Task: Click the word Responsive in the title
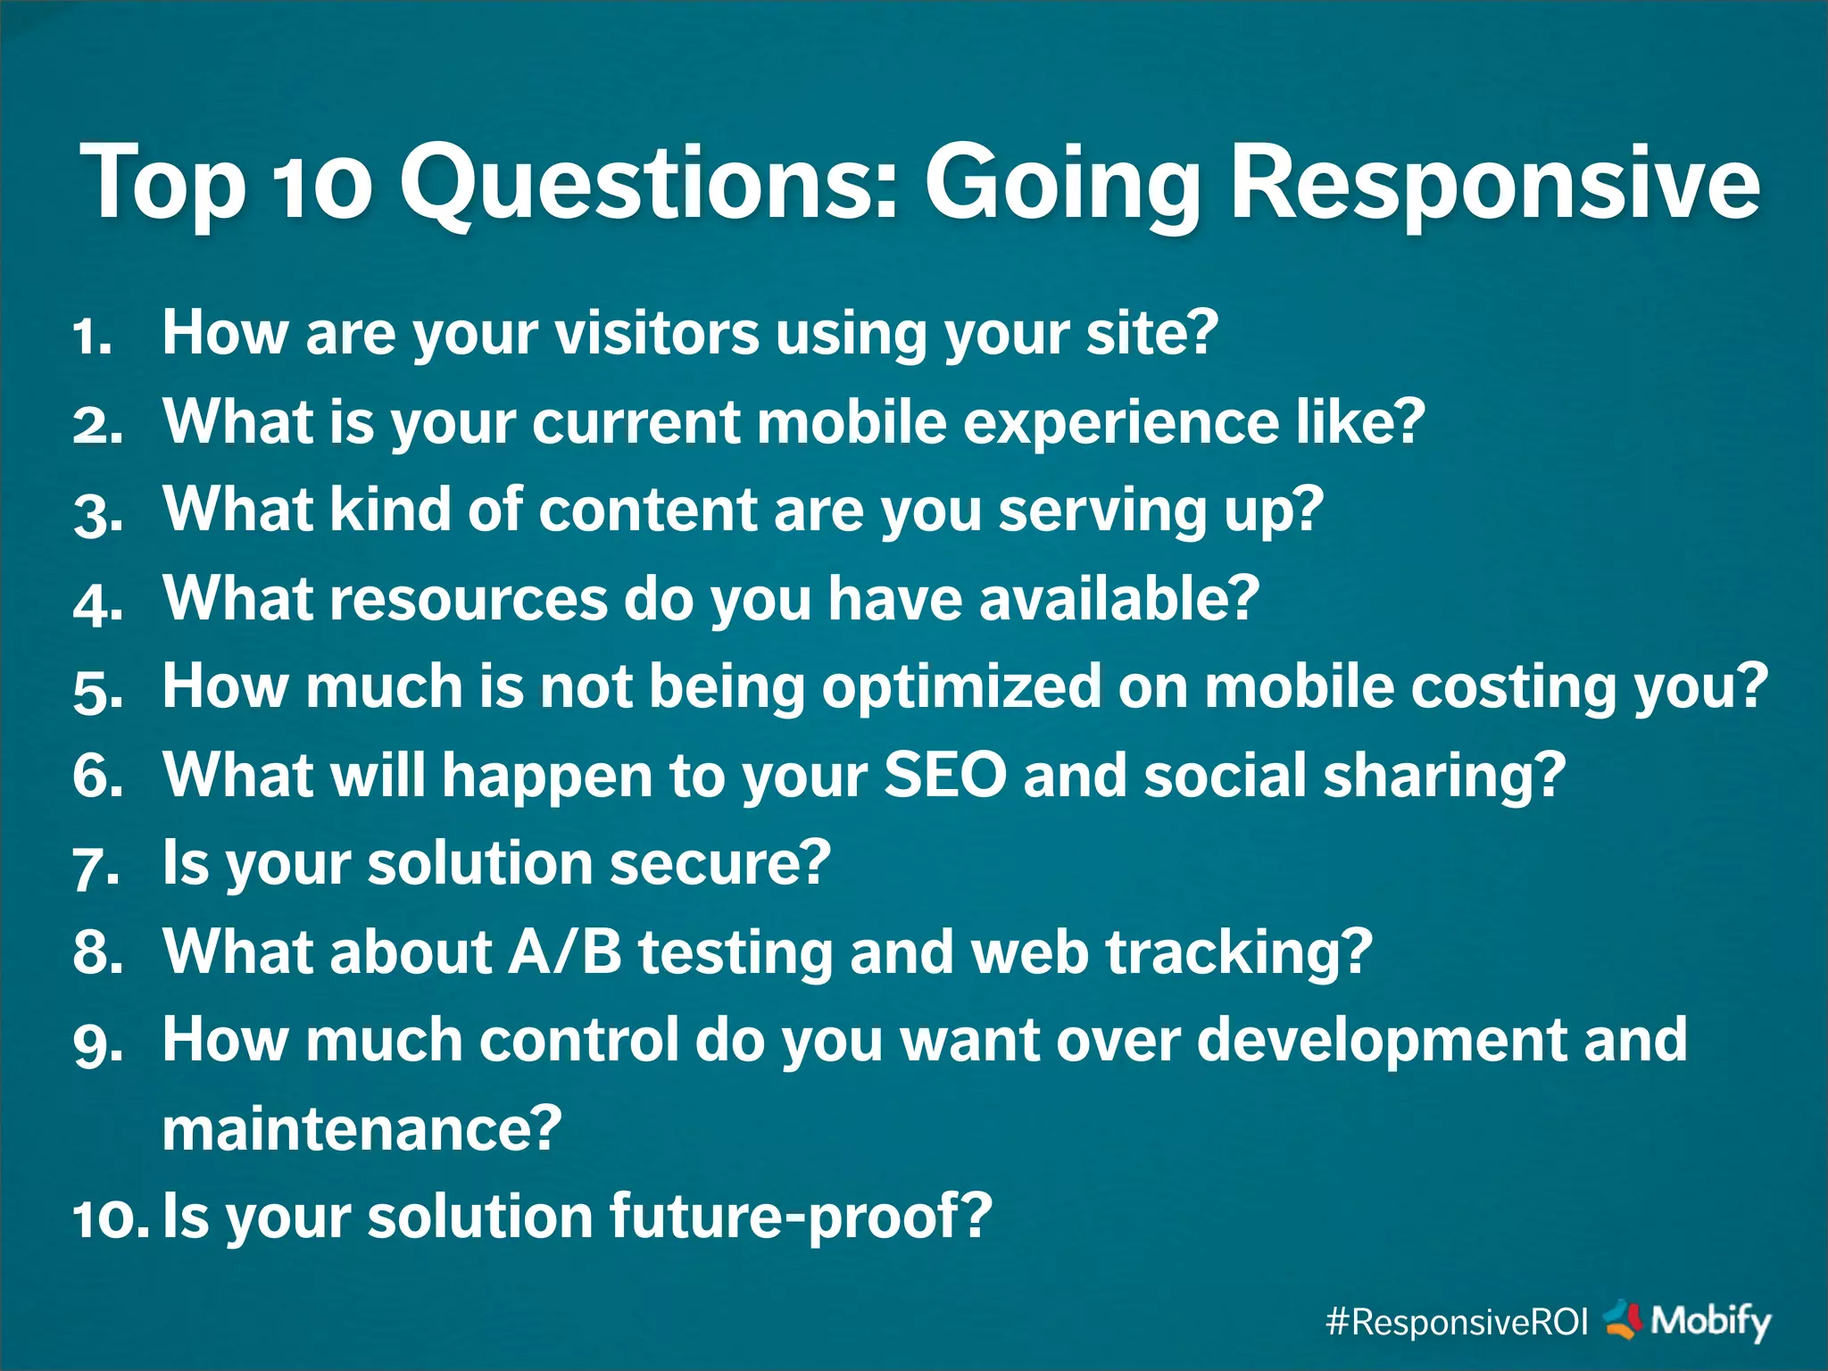click(x=1495, y=183)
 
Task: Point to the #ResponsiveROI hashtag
click(x=1457, y=1322)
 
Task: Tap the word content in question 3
click(x=648, y=510)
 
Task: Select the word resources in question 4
click(x=469, y=598)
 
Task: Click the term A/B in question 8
click(x=564, y=951)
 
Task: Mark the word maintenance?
click(x=361, y=1129)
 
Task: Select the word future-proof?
click(x=801, y=1217)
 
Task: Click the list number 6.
click(x=96, y=776)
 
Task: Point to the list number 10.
click(x=109, y=1218)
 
